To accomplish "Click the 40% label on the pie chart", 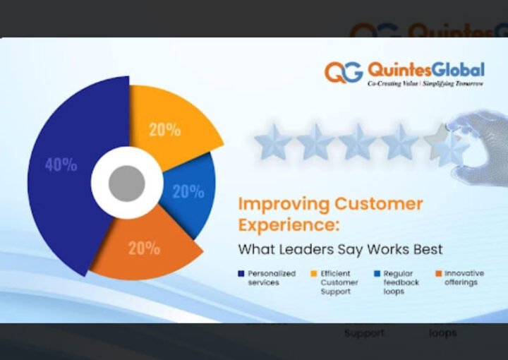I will point(61,165).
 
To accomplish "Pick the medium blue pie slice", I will point(189,192).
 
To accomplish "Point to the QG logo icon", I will point(344,72).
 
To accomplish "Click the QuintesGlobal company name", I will point(426,70).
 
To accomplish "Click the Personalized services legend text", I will point(271,278).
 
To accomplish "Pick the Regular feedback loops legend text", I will point(401,282).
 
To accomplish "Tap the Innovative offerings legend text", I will point(464,278).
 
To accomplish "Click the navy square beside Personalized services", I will point(241,274).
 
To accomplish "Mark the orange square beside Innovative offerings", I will point(438,274).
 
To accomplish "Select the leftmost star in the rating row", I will point(273,143).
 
